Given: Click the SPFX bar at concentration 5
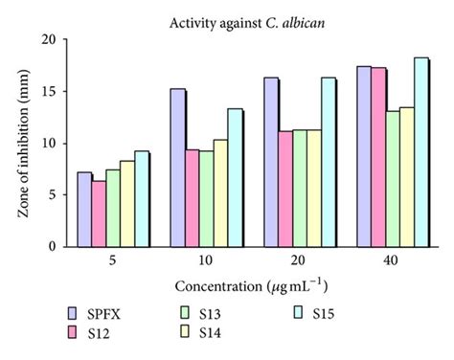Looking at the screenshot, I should click(x=83, y=210).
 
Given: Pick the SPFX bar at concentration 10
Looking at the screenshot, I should click(x=177, y=168).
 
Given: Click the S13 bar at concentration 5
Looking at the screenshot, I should click(x=112, y=208).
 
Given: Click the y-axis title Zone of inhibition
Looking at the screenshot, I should click(x=23, y=144).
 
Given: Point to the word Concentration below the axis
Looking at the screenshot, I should click(x=216, y=286).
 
